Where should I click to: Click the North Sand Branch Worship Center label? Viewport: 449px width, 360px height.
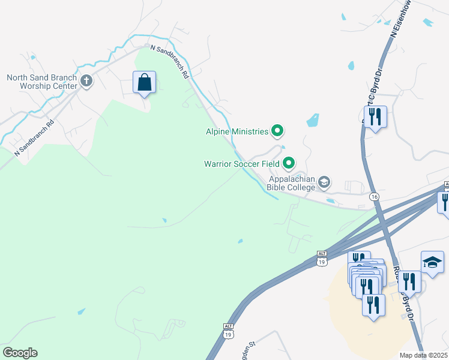pyautogui.click(x=42, y=81)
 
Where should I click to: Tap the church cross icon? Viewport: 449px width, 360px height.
pyautogui.click(x=86, y=81)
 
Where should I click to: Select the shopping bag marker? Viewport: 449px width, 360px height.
pyautogui.click(x=144, y=83)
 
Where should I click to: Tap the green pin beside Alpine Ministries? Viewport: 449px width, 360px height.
pyautogui.click(x=277, y=130)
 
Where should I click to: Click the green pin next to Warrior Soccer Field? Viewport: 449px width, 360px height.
pyautogui.click(x=289, y=163)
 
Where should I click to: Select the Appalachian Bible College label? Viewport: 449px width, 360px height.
pyautogui.click(x=292, y=183)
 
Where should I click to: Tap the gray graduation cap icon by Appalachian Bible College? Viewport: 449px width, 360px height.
pyautogui.click(x=324, y=182)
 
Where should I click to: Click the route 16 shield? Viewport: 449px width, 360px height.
pyautogui.click(x=375, y=197)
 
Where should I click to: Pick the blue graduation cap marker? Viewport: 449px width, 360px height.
pyautogui.click(x=432, y=262)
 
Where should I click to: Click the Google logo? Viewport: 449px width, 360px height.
pyautogui.click(x=20, y=353)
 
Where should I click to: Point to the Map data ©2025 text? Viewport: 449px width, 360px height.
pyautogui.click(x=424, y=355)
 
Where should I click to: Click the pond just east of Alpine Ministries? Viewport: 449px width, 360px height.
pyautogui.click(x=312, y=120)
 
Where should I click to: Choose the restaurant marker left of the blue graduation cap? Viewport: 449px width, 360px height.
pyautogui.click(x=409, y=281)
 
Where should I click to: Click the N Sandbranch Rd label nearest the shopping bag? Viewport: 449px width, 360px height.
pyautogui.click(x=170, y=62)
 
